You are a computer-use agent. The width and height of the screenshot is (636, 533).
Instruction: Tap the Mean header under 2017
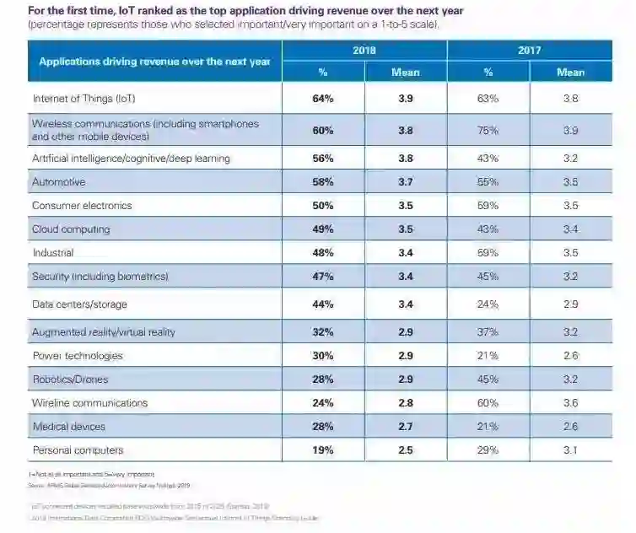[x=570, y=73]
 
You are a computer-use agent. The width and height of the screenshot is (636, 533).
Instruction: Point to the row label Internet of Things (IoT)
[x=84, y=99]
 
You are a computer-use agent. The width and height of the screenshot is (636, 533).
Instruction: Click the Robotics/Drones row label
[x=70, y=380]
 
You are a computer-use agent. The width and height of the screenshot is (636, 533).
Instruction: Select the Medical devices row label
[x=69, y=427]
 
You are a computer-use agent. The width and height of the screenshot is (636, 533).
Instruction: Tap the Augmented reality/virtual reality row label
[x=103, y=332]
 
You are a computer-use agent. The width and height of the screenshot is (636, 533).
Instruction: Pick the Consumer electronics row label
[x=82, y=206]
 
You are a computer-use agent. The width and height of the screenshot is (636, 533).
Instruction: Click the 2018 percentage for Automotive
[x=322, y=182]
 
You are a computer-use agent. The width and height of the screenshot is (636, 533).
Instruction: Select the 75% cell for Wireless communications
[x=488, y=131]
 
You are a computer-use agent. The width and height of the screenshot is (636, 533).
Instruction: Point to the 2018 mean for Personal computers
[x=405, y=450]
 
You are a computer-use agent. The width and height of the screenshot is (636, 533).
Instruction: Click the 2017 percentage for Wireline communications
[x=488, y=403]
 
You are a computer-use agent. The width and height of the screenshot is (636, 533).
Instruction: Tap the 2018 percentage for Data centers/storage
[x=322, y=304]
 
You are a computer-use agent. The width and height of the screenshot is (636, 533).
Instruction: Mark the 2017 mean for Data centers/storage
[x=570, y=304]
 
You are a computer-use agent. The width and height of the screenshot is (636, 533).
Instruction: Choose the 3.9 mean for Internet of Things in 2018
[x=405, y=99]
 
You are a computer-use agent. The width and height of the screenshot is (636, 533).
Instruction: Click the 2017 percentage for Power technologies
[x=488, y=356]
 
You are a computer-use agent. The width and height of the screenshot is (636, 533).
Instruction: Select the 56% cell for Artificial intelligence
[x=322, y=159]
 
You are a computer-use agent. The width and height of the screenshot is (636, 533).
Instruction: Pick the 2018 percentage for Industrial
[x=322, y=253]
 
